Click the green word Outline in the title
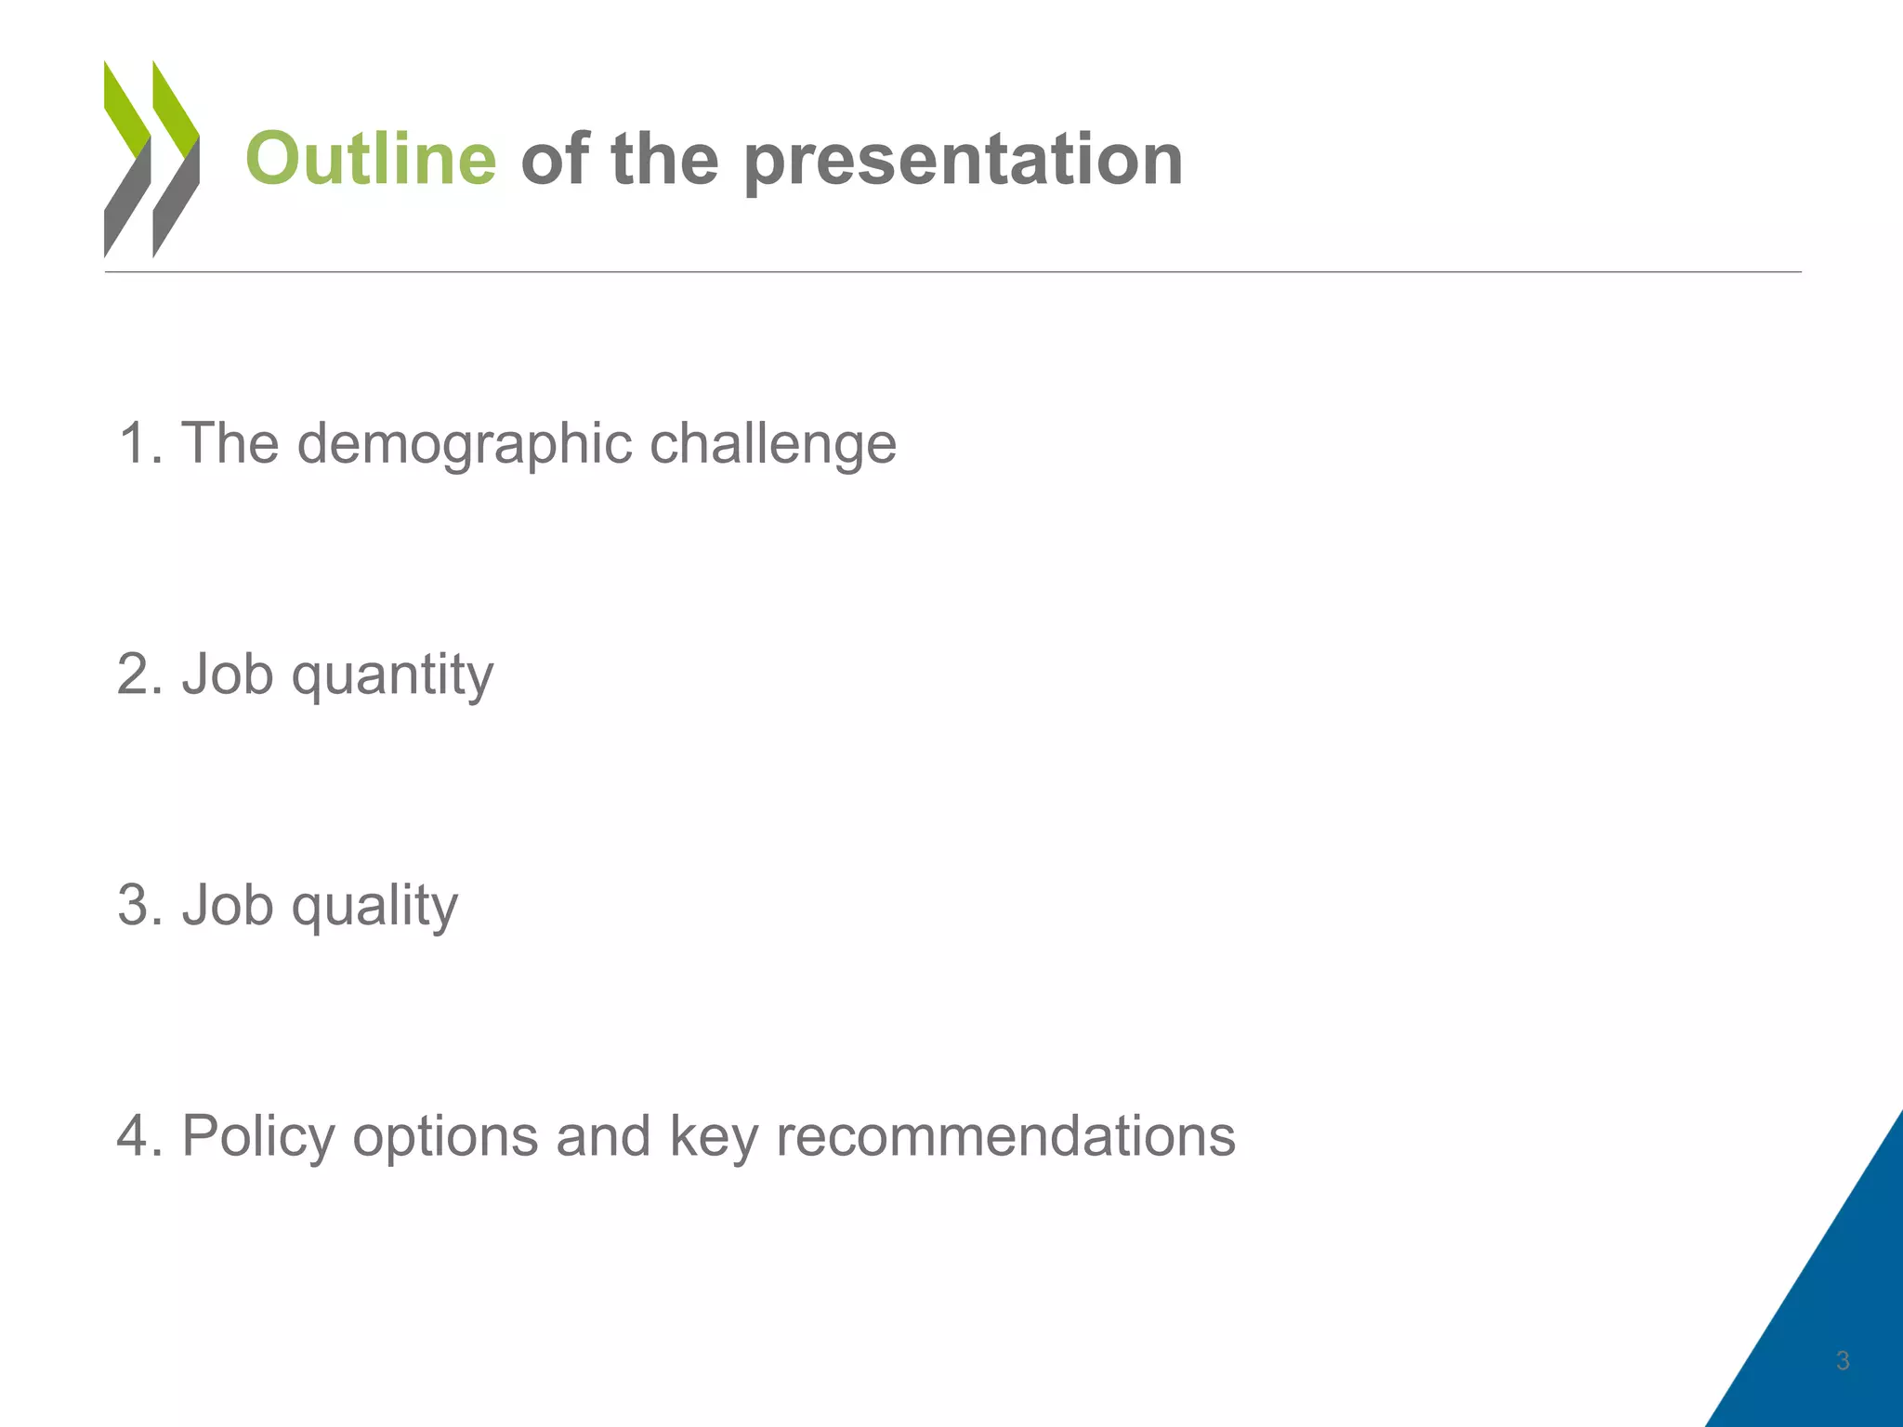tap(371, 159)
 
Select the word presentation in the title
tap(964, 161)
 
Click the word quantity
tap(392, 675)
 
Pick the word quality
tap(374, 906)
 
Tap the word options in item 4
tap(445, 1137)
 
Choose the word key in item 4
tap(713, 1137)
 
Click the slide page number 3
tap(1843, 1361)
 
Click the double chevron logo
tap(151, 159)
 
